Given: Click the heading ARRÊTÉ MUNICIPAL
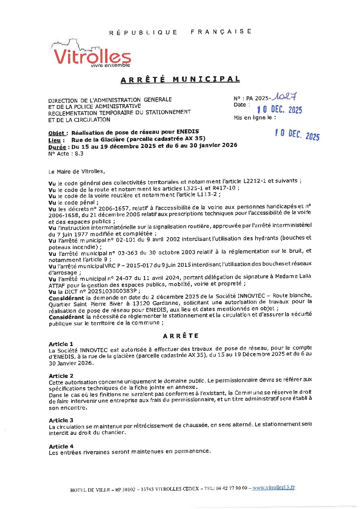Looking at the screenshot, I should (x=180, y=80).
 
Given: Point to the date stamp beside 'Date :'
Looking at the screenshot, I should (x=279, y=110).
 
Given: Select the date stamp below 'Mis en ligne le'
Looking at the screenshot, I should (x=297, y=135).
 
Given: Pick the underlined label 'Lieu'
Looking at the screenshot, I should (x=55, y=140).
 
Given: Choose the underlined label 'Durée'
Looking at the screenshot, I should (x=57, y=147).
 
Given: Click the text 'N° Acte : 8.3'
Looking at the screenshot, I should (x=66, y=154).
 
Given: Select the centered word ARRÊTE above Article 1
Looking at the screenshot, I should (x=181, y=336).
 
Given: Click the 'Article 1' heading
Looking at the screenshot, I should (x=61, y=344).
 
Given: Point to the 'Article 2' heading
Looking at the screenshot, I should (x=61, y=376).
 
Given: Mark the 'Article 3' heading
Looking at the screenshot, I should (x=61, y=420).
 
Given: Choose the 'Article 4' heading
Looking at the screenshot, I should (x=61, y=446).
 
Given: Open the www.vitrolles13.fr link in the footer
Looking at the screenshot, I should (x=274, y=487).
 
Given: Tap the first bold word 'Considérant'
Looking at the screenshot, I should (x=66, y=298).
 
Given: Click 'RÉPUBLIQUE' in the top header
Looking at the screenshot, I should (x=143, y=33).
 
